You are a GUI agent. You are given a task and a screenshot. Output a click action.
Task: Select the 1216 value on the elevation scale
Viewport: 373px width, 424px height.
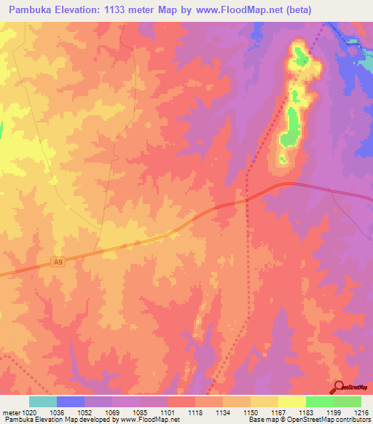coord(362,412)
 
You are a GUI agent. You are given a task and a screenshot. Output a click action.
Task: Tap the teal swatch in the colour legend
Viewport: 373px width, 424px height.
coord(43,401)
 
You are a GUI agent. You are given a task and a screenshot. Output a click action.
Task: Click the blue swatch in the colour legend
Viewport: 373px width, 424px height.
coord(71,401)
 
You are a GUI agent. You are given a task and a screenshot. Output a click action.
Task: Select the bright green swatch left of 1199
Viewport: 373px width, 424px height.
coord(319,401)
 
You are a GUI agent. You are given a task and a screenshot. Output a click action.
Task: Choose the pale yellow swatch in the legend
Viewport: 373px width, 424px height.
coord(291,401)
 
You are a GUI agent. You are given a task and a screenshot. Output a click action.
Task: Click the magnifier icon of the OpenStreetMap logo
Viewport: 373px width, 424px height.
coord(339,387)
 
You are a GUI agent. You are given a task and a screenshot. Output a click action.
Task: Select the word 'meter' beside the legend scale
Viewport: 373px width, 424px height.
coord(10,412)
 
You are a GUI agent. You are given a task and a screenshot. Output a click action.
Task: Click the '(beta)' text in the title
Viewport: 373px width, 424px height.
coord(309,10)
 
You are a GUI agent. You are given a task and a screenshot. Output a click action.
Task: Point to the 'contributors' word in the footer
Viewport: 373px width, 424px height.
coord(352,420)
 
